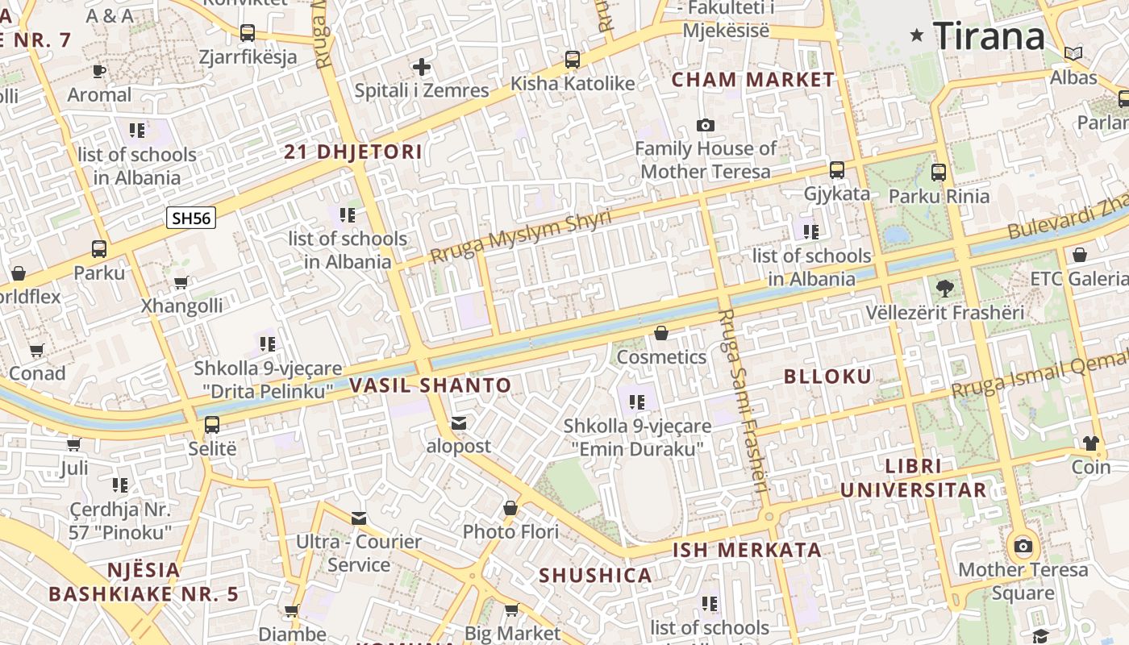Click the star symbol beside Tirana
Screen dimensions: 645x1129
917,35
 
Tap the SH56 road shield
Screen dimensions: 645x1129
191,218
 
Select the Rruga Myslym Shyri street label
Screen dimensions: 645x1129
521,235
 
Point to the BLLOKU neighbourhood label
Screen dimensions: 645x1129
827,377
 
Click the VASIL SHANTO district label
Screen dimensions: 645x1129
431,385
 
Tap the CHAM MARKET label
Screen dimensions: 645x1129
753,80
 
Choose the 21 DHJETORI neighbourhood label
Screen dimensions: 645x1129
353,152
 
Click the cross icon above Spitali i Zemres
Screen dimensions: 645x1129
421,67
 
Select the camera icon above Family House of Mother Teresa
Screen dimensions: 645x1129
706,125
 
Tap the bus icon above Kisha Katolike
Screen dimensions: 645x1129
573,59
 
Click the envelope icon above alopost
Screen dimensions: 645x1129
459,422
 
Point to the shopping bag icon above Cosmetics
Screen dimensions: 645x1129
661,333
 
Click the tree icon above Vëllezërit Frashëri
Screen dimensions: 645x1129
944,288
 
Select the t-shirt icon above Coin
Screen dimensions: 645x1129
1091,443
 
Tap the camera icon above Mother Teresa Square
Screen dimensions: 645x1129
1023,546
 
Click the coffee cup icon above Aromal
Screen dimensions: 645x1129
99,71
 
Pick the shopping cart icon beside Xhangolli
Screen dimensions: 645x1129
181,282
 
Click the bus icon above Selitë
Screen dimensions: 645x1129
212,424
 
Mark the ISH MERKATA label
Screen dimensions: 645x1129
748,551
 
